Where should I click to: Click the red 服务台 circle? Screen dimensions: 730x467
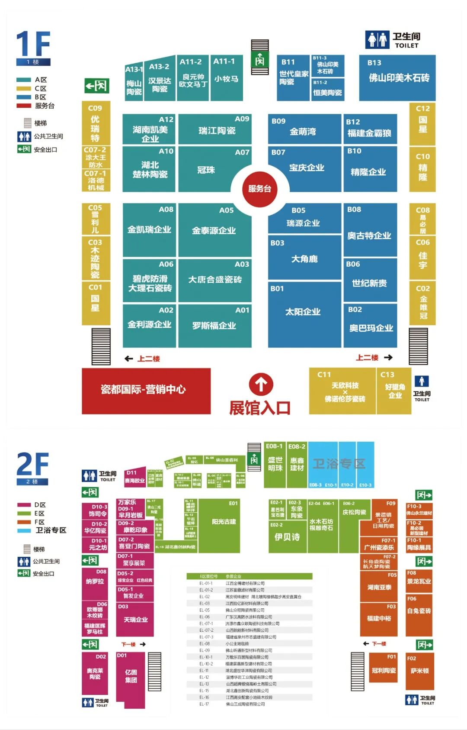pos(259,189)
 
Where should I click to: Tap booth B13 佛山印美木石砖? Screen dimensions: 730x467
pos(397,78)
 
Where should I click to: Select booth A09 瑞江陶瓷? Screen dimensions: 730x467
pos(215,129)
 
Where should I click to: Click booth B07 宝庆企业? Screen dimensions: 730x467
pos(305,168)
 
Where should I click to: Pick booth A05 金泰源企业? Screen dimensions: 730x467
pos(214,230)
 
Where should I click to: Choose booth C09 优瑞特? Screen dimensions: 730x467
pos(96,123)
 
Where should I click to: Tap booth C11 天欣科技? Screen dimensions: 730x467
pos(344,391)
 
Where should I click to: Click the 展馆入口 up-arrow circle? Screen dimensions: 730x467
pos(261,384)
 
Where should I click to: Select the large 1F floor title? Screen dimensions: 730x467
pos(33,45)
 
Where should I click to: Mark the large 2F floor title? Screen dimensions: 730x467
pos(32,465)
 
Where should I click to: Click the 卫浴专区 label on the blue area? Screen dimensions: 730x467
pos(339,464)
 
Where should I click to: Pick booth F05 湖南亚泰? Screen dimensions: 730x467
pos(379,587)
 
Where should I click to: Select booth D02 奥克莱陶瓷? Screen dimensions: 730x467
pos(95,673)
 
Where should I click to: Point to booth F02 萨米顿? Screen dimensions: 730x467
pos(419,671)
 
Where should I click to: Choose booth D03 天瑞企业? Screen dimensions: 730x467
pos(135,619)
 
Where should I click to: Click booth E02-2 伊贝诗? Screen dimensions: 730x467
pos(287,537)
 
